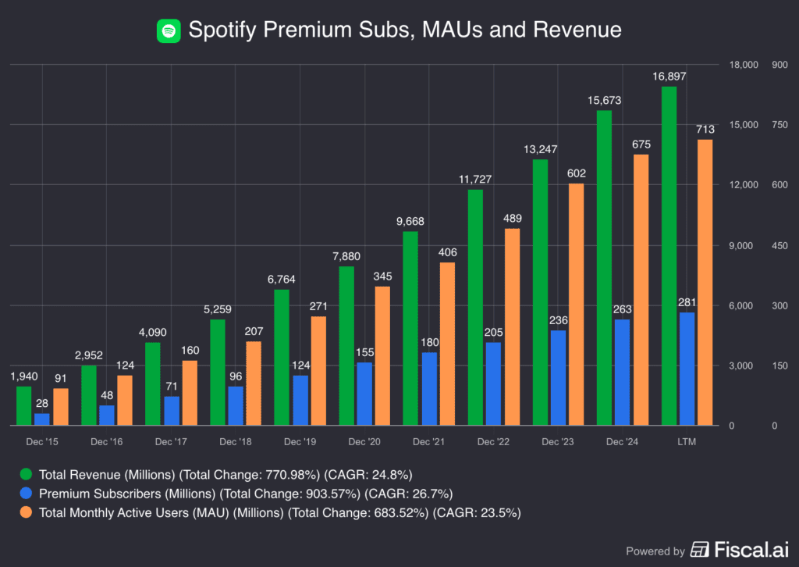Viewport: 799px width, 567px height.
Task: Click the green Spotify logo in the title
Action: [168, 30]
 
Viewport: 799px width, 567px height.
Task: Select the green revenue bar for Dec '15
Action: [24, 406]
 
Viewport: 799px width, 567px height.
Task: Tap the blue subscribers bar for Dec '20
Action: [364, 394]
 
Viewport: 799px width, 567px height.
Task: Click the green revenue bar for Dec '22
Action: [475, 308]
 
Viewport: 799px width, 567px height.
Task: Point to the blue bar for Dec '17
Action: [171, 411]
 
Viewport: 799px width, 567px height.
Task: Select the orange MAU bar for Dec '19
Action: [318, 371]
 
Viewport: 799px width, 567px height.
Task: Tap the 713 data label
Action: [705, 129]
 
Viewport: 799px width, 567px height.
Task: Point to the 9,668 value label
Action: [410, 221]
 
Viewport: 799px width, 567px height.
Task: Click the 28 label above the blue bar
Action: [41, 402]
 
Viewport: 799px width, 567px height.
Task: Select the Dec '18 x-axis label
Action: [235, 442]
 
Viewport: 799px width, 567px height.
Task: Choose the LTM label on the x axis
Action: [687, 442]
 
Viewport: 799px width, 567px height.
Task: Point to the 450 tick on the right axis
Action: [779, 245]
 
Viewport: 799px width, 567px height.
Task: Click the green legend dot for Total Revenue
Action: [27, 474]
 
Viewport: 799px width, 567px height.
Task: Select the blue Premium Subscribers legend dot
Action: [27, 494]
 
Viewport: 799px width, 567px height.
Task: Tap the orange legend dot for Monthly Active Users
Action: [27, 513]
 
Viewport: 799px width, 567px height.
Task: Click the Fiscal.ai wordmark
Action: [748, 550]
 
